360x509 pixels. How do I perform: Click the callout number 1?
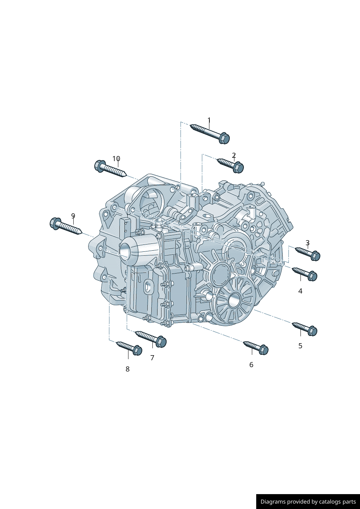point(209,120)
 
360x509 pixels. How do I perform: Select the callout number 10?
point(116,159)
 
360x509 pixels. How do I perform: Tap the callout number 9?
point(73,215)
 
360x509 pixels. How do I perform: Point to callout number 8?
point(127,369)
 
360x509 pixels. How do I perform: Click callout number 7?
point(152,358)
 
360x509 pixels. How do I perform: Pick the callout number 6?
point(251,365)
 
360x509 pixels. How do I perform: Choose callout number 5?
point(300,346)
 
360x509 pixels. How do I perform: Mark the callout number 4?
point(300,291)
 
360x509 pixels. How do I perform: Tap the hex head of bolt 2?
point(238,168)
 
